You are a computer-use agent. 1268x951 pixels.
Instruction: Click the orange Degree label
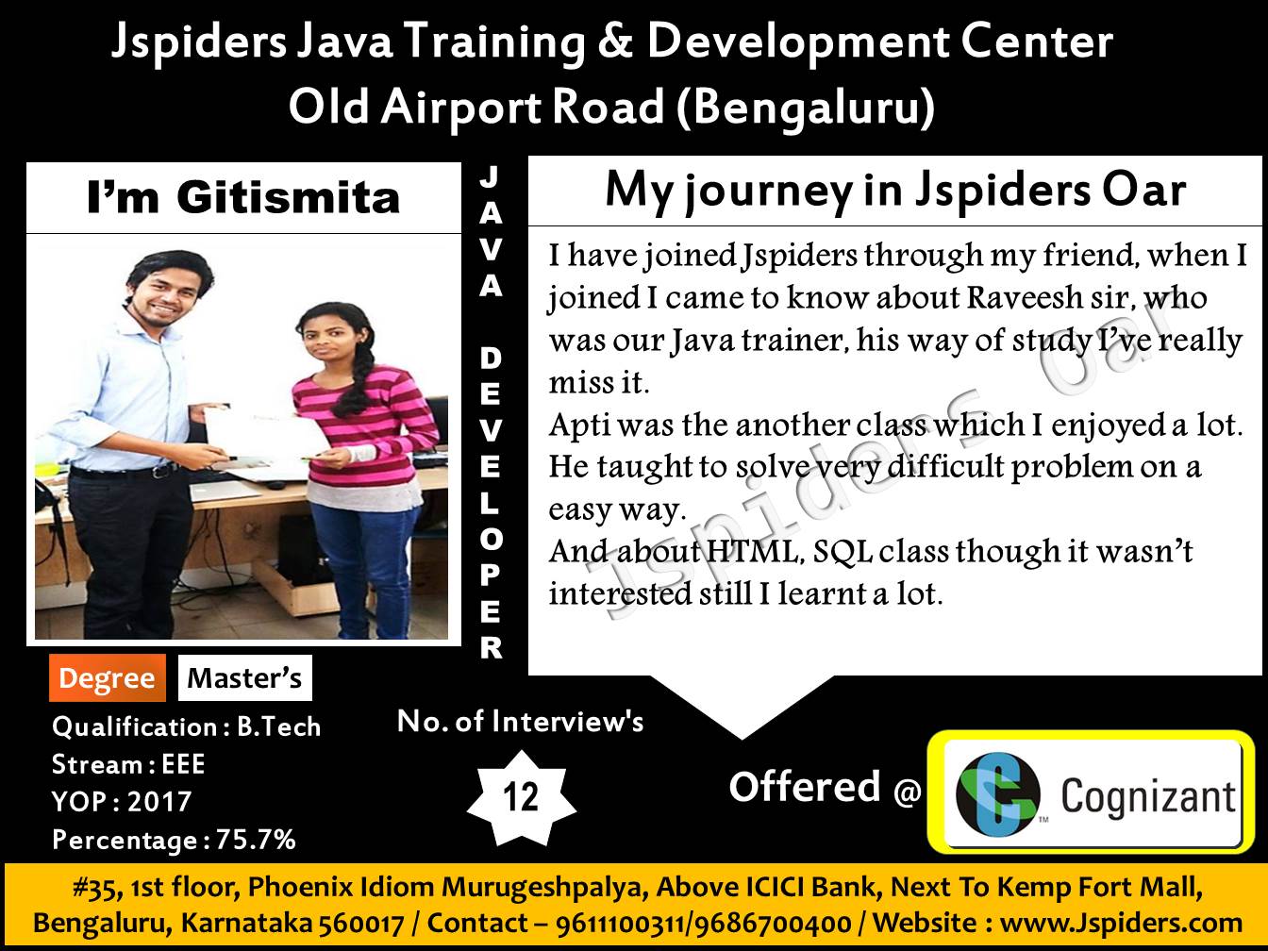[x=108, y=678]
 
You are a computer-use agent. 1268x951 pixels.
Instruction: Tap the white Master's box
[x=245, y=678]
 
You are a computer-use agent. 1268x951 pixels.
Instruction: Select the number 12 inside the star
[x=521, y=797]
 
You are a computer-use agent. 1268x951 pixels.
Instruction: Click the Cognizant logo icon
[x=997, y=794]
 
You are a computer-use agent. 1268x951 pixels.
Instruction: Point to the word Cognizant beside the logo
[x=1148, y=797]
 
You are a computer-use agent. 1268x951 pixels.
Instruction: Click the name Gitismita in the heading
[x=289, y=197]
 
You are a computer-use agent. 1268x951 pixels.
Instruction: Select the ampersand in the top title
[x=615, y=42]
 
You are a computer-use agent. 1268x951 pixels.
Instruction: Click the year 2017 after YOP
[x=159, y=801]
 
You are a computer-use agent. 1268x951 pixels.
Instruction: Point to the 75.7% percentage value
[x=256, y=840]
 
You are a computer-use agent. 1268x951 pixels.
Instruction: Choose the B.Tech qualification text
[x=278, y=726]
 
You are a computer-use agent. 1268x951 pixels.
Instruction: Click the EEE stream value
[x=184, y=764]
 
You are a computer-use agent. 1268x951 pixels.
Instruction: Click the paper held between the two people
[x=263, y=433]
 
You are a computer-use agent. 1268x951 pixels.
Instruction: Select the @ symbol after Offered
[x=907, y=790]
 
